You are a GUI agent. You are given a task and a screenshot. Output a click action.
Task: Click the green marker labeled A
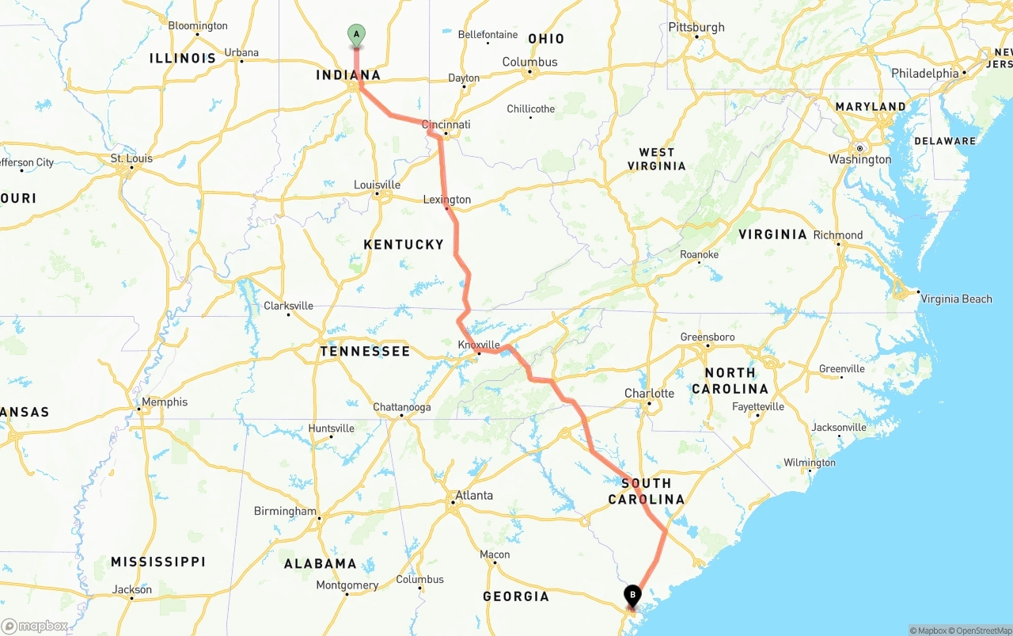pyautogui.click(x=356, y=34)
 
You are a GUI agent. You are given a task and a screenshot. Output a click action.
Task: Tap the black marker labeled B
pyautogui.click(x=632, y=595)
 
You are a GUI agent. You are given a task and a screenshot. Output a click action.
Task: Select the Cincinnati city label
pyautogui.click(x=446, y=124)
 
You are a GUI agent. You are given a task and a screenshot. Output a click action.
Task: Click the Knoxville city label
pyautogui.click(x=479, y=345)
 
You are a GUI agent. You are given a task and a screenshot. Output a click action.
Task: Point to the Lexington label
pyautogui.click(x=447, y=200)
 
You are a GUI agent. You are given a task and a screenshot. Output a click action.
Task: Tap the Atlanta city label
pyautogui.click(x=473, y=495)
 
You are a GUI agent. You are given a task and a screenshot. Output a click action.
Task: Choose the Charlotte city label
pyautogui.click(x=649, y=394)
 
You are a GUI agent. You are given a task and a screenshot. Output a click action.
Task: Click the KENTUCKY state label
pyautogui.click(x=404, y=245)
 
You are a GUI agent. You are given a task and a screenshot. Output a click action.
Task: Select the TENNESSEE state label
pyautogui.click(x=365, y=351)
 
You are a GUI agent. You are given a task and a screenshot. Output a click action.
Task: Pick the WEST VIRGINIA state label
pyautogui.click(x=657, y=159)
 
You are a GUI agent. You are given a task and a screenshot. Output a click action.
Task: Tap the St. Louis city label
pyautogui.click(x=131, y=158)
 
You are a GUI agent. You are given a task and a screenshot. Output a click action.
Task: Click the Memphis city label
pyautogui.click(x=165, y=402)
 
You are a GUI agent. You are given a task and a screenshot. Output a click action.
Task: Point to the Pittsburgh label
pyautogui.click(x=696, y=27)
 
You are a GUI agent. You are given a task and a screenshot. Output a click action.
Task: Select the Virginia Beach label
pyautogui.click(x=956, y=299)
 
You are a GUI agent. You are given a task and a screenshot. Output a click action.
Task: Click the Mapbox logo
pyautogui.click(x=35, y=626)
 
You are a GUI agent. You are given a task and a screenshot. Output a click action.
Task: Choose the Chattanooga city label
pyautogui.click(x=402, y=407)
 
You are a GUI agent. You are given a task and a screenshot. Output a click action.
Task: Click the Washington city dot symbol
pyautogui.click(x=859, y=148)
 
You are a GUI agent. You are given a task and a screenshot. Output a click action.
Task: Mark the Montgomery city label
pyautogui.click(x=347, y=585)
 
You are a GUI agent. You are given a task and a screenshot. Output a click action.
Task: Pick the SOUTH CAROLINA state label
pyautogui.click(x=646, y=491)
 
